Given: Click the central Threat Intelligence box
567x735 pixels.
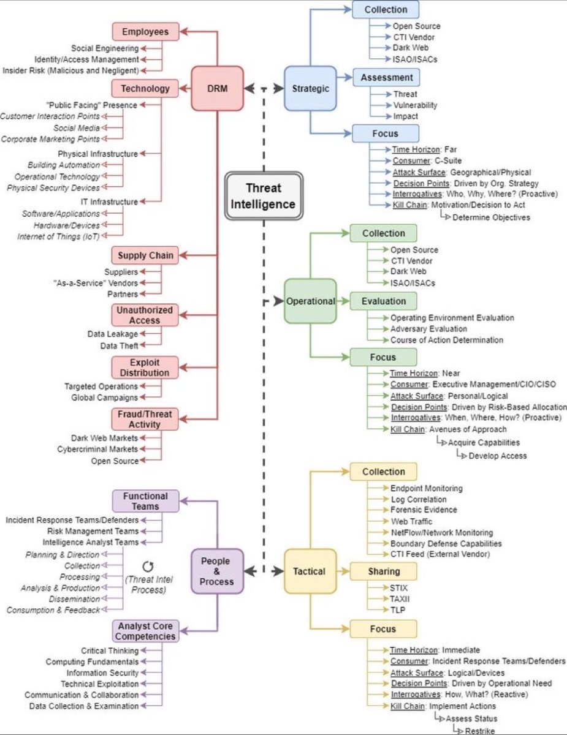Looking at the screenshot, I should click(263, 196).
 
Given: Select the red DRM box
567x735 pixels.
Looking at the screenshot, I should click(218, 88).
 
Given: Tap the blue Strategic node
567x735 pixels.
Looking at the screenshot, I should click(311, 88).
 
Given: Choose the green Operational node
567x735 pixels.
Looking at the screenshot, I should click(311, 301).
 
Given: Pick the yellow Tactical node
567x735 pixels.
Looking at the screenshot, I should click(310, 571).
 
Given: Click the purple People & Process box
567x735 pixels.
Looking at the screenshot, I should click(218, 571).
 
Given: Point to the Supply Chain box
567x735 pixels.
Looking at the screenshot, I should click(145, 255).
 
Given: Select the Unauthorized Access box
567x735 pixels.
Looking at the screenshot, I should click(145, 315).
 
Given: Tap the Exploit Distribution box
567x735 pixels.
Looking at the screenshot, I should click(145, 367).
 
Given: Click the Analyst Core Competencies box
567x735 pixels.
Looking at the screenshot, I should click(145, 630).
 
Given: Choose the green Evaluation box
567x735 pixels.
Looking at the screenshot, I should click(383, 301).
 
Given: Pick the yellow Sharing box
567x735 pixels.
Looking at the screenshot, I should click(383, 571).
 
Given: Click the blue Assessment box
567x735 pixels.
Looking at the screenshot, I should click(386, 77).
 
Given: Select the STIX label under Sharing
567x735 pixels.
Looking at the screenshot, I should click(399, 588).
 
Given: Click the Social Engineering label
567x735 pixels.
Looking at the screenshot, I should click(104, 48).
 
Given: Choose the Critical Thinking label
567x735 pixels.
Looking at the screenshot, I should click(110, 650).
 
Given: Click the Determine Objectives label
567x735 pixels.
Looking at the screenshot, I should click(490, 216).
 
